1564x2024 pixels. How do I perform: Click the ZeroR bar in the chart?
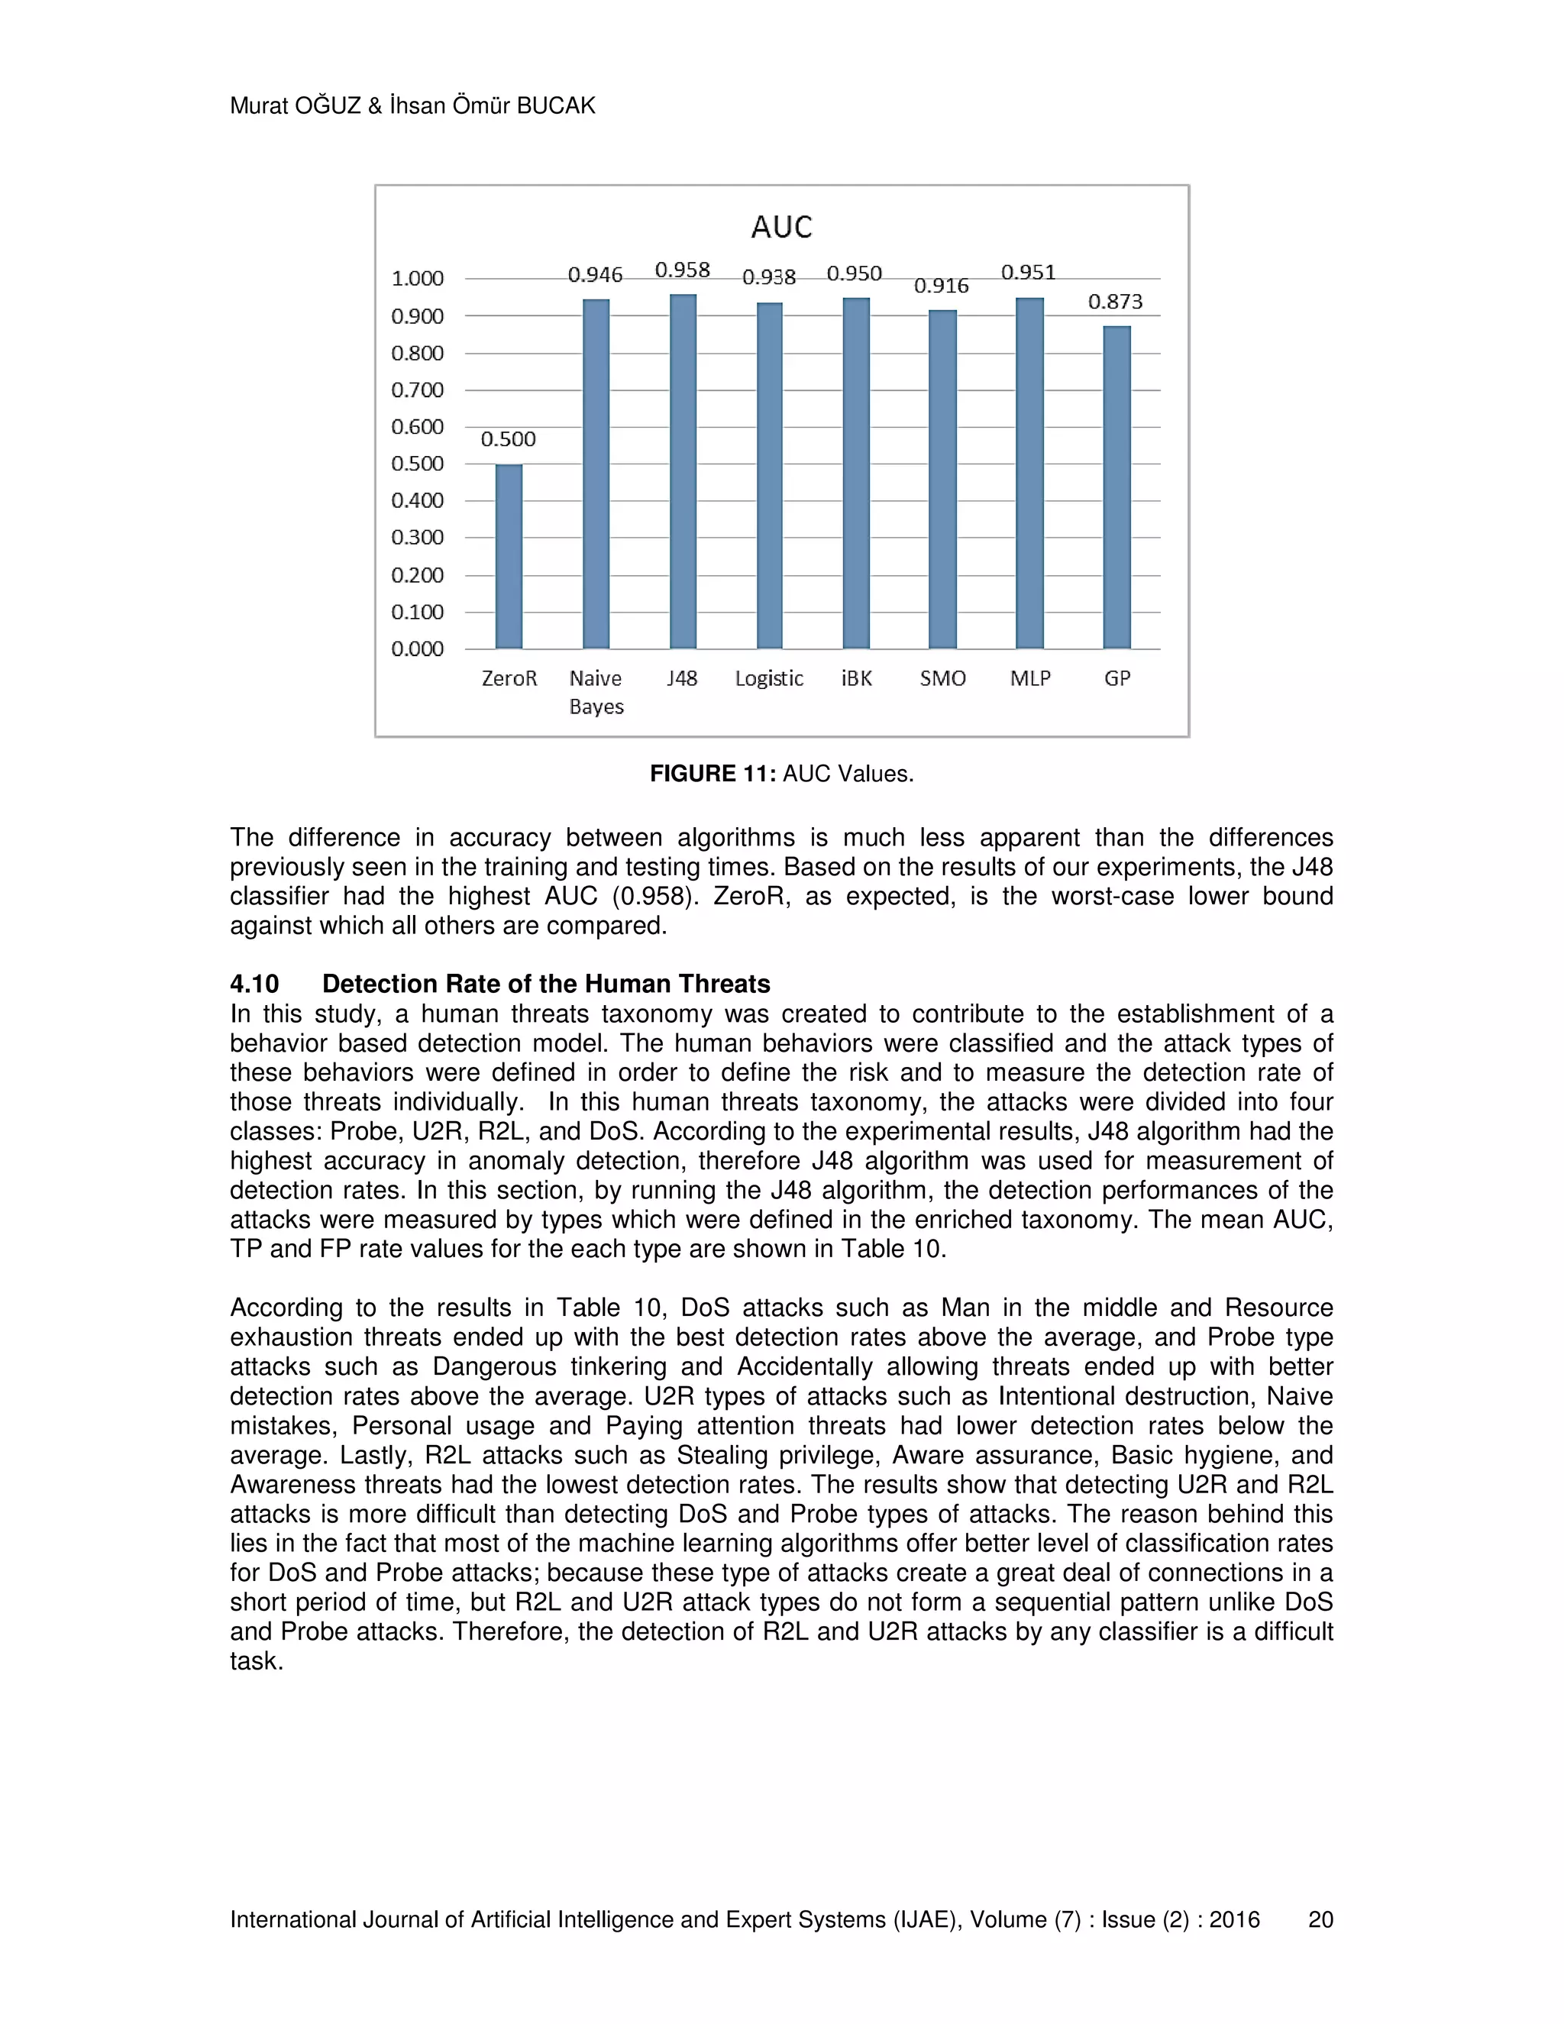[x=509, y=556]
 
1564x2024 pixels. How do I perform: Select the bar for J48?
[x=683, y=473]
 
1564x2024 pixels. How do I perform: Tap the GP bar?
[x=1116, y=487]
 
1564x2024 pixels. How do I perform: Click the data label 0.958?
[x=683, y=270]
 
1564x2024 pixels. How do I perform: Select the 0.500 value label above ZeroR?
[x=508, y=439]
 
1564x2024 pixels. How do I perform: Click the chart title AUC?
[x=781, y=227]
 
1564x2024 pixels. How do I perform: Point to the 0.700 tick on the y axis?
[x=417, y=390]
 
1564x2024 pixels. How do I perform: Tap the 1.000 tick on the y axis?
[x=417, y=278]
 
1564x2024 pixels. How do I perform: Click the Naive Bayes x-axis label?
[x=596, y=692]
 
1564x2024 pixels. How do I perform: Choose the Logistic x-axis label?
[x=769, y=678]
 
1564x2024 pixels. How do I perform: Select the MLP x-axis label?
[x=1030, y=678]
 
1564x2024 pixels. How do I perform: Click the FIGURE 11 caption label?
[x=713, y=774]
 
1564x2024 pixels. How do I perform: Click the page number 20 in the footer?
[x=1320, y=1919]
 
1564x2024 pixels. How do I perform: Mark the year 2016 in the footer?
[x=1234, y=1919]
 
